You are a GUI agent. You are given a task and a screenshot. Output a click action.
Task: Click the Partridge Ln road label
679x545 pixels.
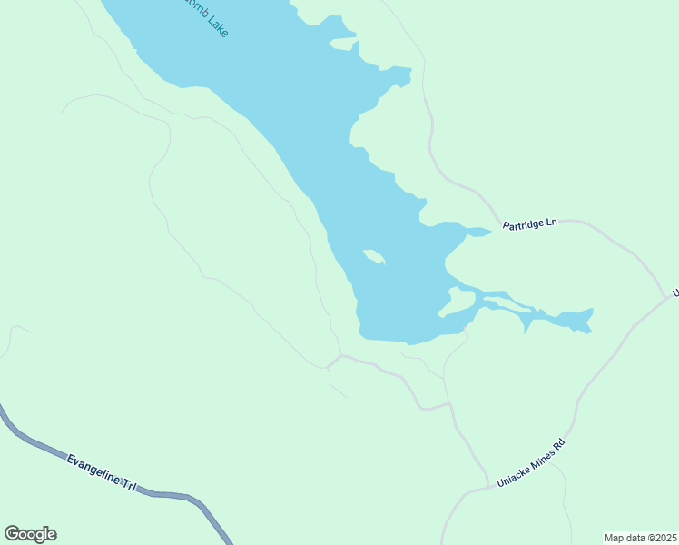[530, 222]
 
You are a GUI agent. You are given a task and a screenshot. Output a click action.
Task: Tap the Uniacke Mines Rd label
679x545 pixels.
[531, 462]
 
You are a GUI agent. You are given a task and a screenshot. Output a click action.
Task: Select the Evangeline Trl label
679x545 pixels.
[100, 473]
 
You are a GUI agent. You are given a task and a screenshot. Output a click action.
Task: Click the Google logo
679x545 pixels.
[30, 534]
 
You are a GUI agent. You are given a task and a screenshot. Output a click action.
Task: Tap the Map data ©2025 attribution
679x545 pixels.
[640, 538]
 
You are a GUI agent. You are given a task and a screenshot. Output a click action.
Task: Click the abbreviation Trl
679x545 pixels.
[129, 485]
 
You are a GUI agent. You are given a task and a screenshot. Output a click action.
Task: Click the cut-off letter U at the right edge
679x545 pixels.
[674, 292]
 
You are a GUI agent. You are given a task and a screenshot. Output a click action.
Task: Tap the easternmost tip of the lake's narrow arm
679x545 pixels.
[592, 311]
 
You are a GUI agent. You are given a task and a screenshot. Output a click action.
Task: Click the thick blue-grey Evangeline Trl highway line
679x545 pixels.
[36, 445]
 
